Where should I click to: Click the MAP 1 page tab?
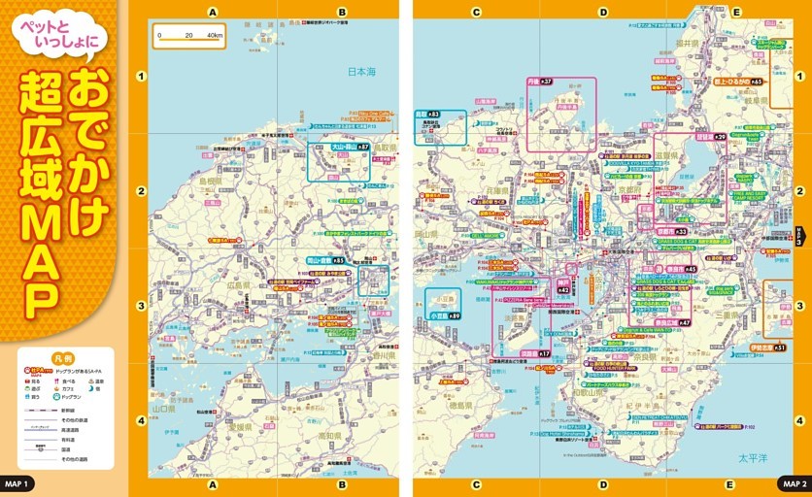[x=18, y=482]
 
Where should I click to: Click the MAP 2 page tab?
[x=794, y=482]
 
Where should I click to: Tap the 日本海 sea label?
[x=361, y=72]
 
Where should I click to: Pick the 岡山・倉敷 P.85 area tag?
[x=326, y=261]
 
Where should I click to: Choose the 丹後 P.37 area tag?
[x=540, y=82]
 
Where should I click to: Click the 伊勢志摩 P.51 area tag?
[x=767, y=347]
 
